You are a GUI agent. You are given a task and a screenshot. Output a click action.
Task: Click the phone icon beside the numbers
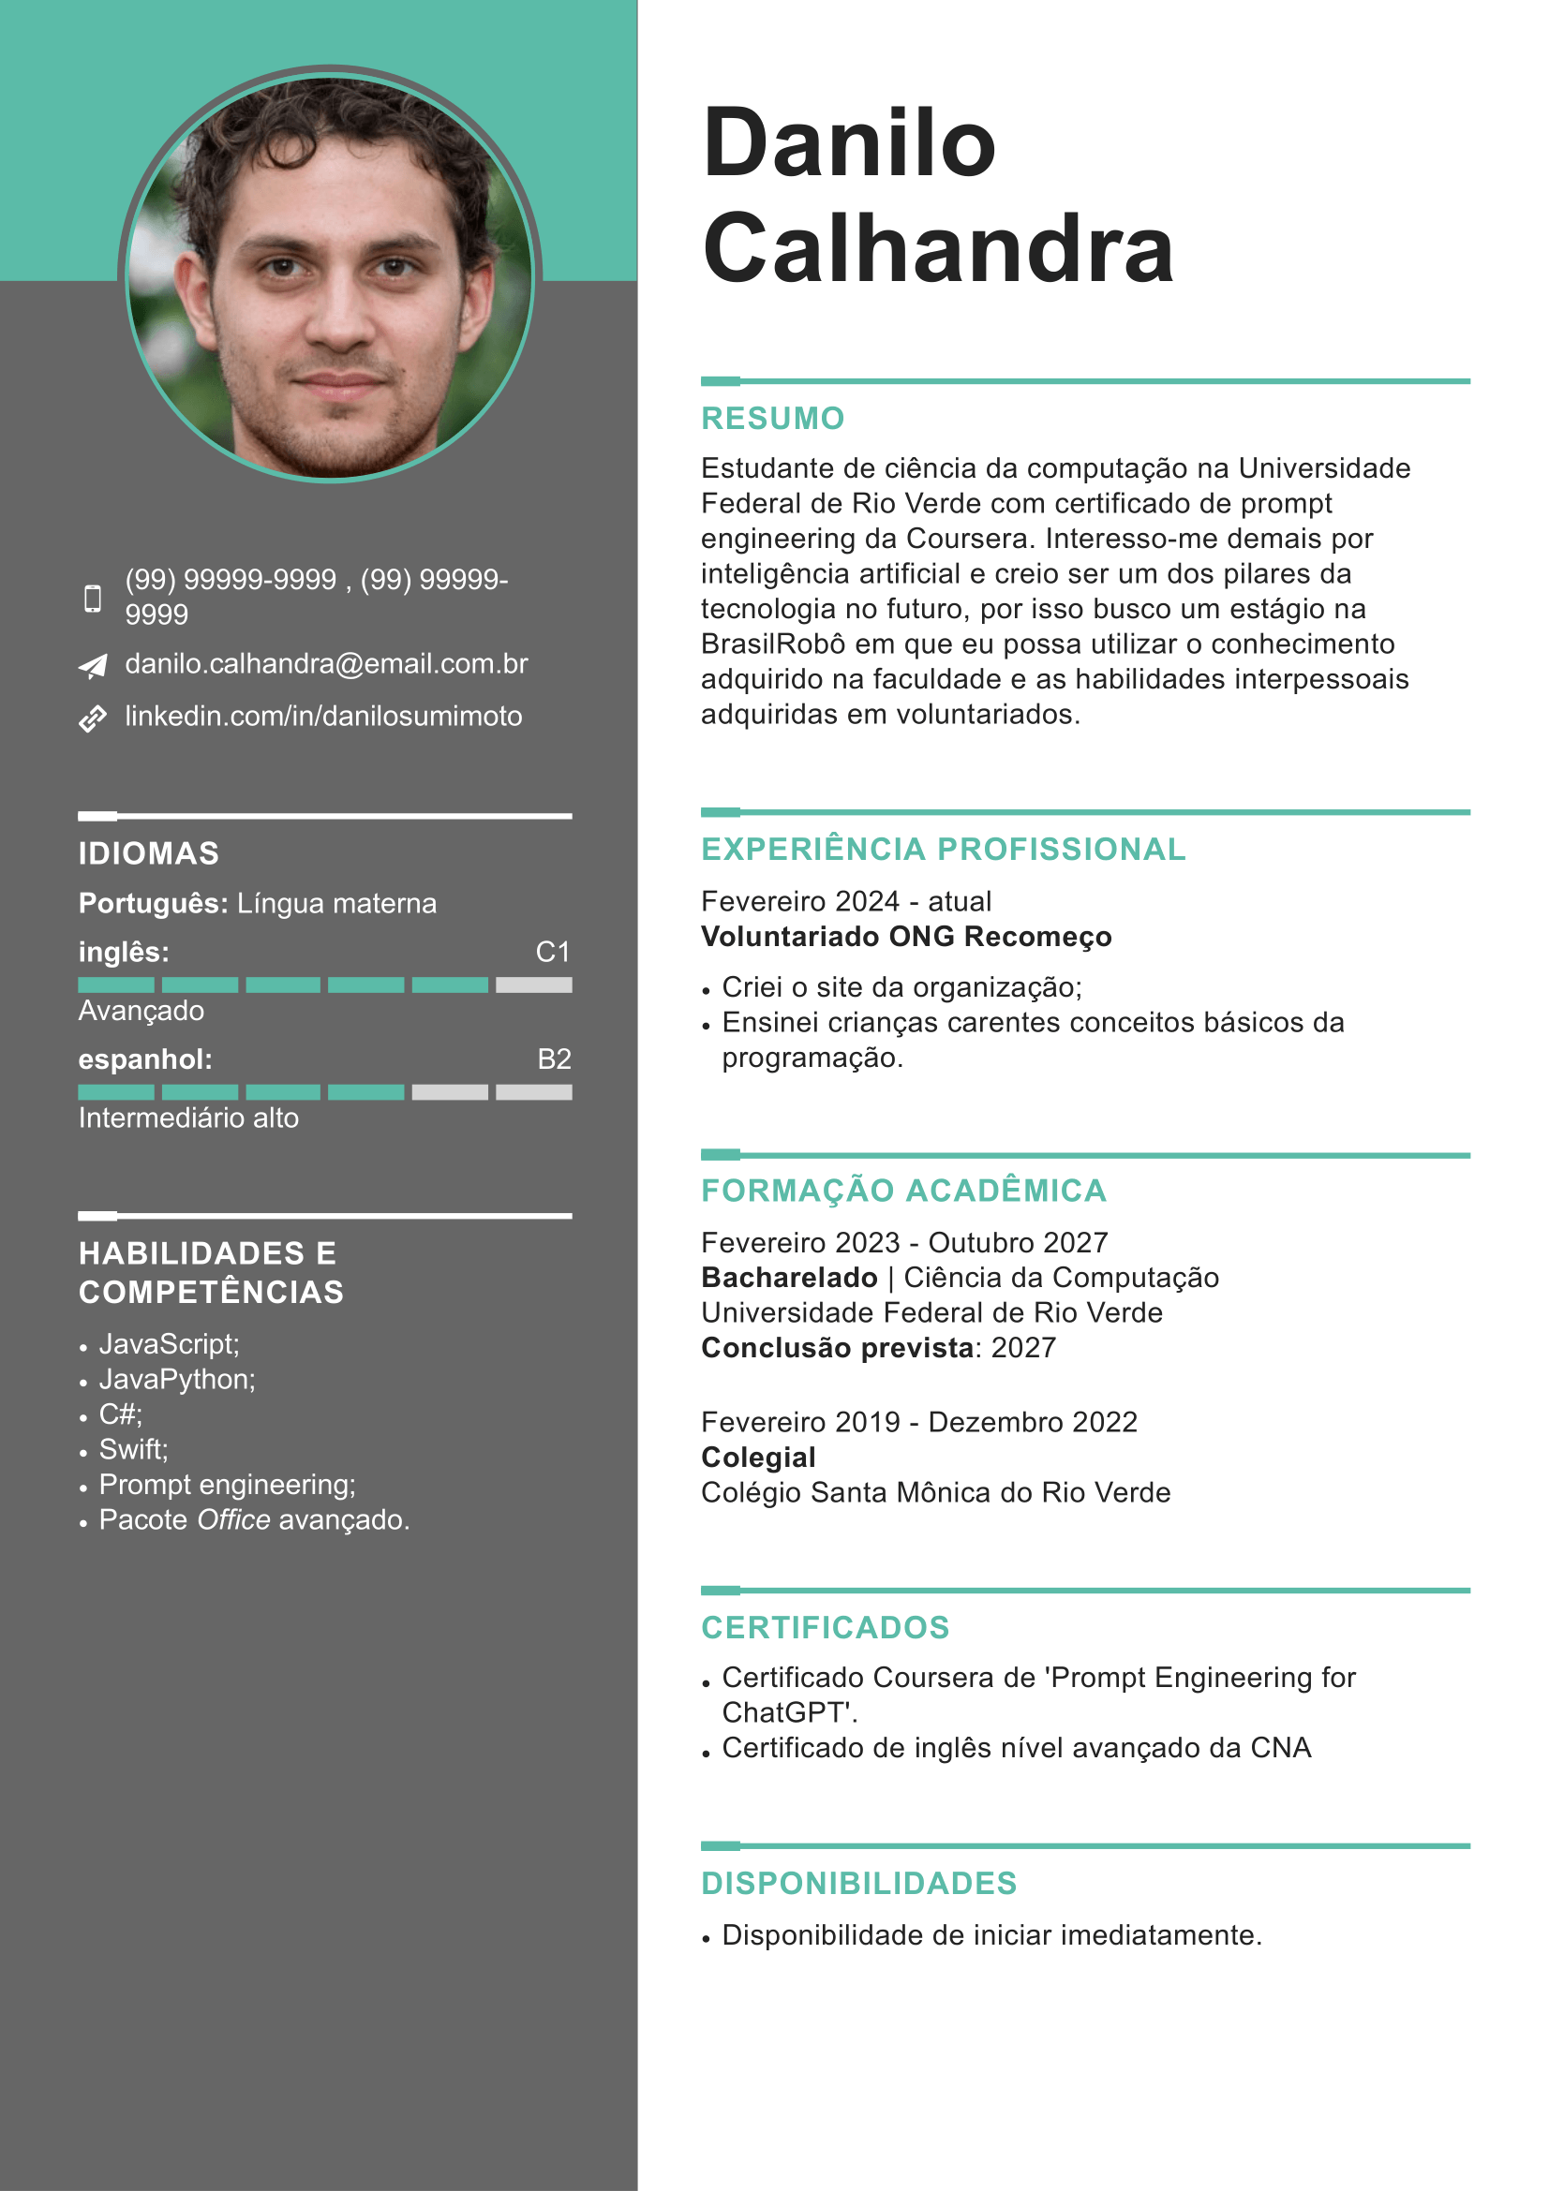coord(93,599)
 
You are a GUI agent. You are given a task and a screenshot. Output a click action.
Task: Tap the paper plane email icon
coord(93,665)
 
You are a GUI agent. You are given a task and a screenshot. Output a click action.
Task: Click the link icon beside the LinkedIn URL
coord(93,718)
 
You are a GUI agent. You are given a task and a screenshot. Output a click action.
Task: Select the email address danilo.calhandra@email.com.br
coord(325,664)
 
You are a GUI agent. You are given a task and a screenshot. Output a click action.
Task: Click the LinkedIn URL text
coord(323,717)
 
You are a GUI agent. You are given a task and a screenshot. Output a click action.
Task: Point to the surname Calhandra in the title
coord(937,248)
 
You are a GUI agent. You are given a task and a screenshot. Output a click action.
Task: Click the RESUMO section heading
coord(772,418)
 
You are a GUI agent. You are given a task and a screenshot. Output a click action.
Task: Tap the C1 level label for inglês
coord(553,952)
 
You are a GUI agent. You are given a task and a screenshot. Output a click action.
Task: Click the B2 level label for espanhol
coord(554,1059)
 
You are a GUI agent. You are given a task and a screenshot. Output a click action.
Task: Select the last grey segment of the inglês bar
coord(533,984)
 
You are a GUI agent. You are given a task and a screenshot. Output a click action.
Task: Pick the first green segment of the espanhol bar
coord(115,1091)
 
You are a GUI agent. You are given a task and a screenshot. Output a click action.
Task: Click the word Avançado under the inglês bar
coord(141,1011)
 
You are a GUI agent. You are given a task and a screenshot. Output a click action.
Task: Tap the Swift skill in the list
coord(133,1449)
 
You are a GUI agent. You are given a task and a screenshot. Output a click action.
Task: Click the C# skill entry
coord(120,1414)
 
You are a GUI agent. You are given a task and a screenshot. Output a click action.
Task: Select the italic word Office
coord(233,1520)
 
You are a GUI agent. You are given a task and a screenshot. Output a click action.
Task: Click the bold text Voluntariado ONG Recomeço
coord(906,936)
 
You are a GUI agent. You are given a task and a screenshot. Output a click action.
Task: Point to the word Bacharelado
coord(788,1278)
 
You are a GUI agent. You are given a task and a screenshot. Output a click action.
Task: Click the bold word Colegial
coord(758,1458)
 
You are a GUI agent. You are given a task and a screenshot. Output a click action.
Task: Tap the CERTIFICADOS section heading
coord(825,1627)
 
